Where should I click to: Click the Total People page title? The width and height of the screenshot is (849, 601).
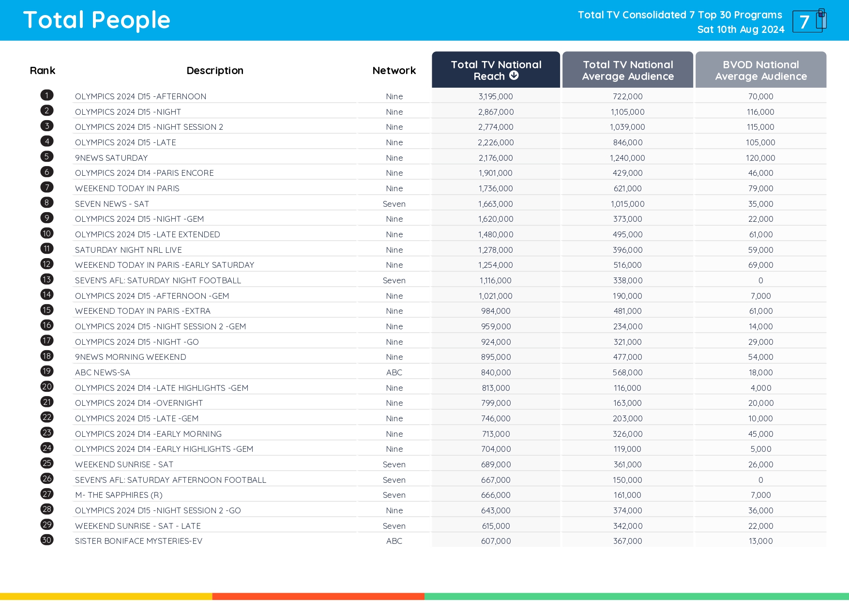tap(97, 20)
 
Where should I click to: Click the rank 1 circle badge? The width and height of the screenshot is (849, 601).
tap(47, 95)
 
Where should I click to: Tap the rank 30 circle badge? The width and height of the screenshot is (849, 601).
tap(47, 540)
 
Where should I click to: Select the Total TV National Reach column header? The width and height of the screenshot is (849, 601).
tap(496, 70)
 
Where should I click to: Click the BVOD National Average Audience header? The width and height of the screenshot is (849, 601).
tap(760, 70)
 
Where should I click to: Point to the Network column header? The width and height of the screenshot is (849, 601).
tap(394, 71)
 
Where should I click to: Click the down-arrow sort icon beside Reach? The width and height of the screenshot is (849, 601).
tap(514, 76)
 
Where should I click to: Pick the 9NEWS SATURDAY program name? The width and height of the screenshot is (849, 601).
tap(111, 158)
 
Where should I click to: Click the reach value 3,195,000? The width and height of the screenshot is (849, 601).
tap(496, 96)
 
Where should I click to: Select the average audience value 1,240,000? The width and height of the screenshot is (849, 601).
tap(627, 158)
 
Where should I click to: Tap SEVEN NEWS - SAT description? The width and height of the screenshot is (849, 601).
tap(112, 204)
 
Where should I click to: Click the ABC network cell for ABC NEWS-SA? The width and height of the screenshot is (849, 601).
tap(394, 372)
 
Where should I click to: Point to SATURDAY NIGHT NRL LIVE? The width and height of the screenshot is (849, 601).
tap(128, 250)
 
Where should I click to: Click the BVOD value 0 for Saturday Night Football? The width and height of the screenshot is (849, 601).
tap(760, 280)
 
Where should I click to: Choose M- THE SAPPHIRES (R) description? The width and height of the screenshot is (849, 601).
tap(119, 495)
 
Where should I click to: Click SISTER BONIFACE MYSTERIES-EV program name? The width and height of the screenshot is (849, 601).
tap(138, 541)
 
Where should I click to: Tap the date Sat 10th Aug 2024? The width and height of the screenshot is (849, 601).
tap(741, 30)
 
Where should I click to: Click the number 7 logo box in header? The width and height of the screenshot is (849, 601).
tap(807, 21)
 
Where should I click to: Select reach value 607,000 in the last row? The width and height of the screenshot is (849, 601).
tap(496, 541)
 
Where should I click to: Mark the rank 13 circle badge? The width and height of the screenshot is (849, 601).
tap(47, 279)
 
